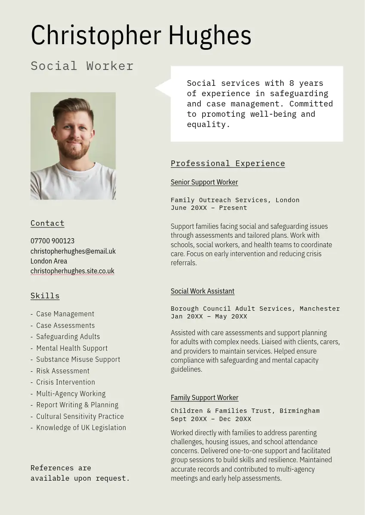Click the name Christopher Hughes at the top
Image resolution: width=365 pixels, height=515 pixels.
(141, 36)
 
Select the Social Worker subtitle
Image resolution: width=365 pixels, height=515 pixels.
(82, 66)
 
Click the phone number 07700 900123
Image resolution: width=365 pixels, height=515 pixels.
(52, 241)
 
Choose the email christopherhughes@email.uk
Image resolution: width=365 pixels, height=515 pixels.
(73, 251)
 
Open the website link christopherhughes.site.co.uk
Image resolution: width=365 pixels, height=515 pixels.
(72, 271)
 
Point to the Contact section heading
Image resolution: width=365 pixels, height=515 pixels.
(47, 223)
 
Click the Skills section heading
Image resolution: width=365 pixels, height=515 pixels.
(45, 296)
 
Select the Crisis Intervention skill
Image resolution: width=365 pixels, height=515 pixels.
(65, 382)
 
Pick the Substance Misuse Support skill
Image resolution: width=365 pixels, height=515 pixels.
(78, 359)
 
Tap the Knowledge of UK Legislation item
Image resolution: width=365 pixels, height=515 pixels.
(81, 427)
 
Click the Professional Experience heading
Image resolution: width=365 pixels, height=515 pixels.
(228, 164)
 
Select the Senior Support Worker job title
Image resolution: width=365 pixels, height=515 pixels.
(204, 182)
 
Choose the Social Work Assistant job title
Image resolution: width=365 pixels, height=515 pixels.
(202, 291)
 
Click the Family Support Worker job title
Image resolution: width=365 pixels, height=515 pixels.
(205, 397)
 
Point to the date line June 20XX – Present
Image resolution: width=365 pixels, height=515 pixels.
(209, 208)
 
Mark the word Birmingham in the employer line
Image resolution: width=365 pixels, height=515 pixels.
(299, 411)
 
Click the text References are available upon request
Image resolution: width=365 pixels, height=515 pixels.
(80, 473)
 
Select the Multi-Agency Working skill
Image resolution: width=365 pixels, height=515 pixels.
(71, 394)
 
